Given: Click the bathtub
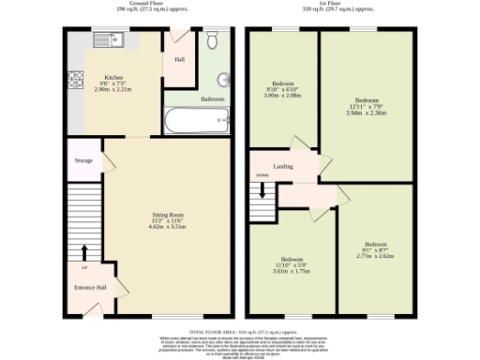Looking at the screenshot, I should (x=195, y=119).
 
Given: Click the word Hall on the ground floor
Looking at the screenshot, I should (x=179, y=62).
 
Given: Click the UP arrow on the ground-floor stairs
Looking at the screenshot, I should (x=83, y=252).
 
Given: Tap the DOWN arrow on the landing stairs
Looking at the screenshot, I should (x=263, y=187).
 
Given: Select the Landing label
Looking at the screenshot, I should (x=283, y=167).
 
